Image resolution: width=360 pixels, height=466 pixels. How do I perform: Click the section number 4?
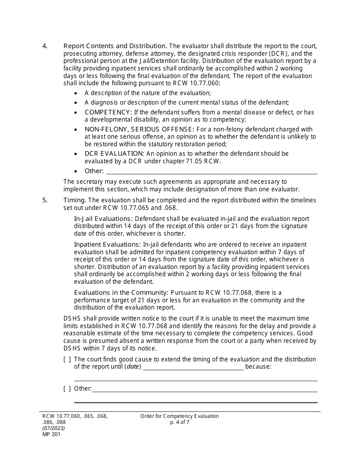click(45, 46)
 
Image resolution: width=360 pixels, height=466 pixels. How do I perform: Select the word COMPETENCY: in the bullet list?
click(108, 112)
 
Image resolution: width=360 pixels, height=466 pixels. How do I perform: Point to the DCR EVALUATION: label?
click(114, 153)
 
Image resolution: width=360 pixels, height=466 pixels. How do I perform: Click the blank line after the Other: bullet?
click(211, 171)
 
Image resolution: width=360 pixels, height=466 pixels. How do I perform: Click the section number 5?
click(45, 200)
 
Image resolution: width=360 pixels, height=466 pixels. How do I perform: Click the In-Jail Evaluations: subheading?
click(103, 219)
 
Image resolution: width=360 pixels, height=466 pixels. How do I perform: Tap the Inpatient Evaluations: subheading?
click(107, 244)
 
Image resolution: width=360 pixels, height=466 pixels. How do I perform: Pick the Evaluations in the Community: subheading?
click(121, 292)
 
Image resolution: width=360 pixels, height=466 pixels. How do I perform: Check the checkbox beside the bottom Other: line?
click(67, 389)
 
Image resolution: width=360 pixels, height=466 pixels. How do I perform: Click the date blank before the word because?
click(193, 367)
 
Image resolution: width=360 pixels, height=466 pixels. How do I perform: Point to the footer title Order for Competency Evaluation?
click(180, 416)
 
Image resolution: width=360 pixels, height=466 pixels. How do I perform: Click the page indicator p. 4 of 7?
click(180, 422)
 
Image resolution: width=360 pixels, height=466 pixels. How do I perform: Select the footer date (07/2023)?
click(53, 428)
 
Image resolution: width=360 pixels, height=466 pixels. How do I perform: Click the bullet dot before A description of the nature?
click(77, 93)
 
